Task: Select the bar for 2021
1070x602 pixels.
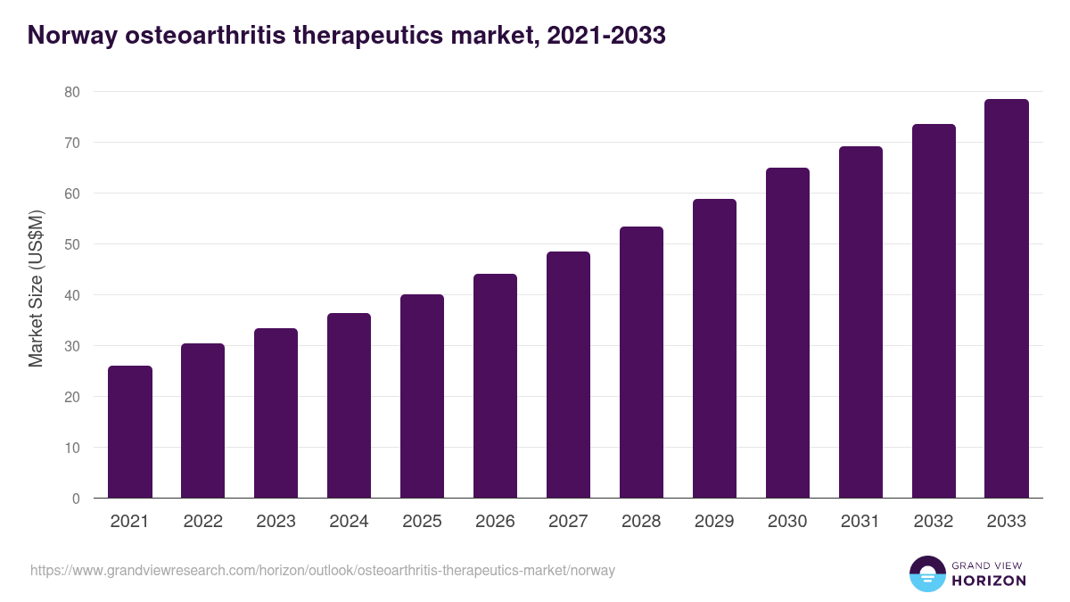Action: [x=130, y=432]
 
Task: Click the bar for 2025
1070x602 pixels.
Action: [x=422, y=396]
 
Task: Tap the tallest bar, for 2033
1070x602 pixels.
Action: [x=1007, y=299]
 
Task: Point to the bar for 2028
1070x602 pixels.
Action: [x=641, y=362]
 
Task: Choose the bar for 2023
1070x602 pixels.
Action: [x=276, y=413]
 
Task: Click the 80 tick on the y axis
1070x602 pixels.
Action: [x=71, y=92]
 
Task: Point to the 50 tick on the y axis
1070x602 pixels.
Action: [x=71, y=244]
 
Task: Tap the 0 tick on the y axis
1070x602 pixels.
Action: [x=76, y=499]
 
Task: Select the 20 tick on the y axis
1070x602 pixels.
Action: [x=71, y=397]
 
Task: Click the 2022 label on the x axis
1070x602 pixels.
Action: [x=202, y=522]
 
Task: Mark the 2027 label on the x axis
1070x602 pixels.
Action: [x=568, y=522]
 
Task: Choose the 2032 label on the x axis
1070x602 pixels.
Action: [x=934, y=522]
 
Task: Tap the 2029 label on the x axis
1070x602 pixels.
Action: [x=714, y=522]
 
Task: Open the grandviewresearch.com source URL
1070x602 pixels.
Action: [x=322, y=570]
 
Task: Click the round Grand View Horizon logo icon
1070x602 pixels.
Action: [x=927, y=573]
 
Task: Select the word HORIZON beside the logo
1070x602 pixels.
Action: [x=987, y=581]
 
